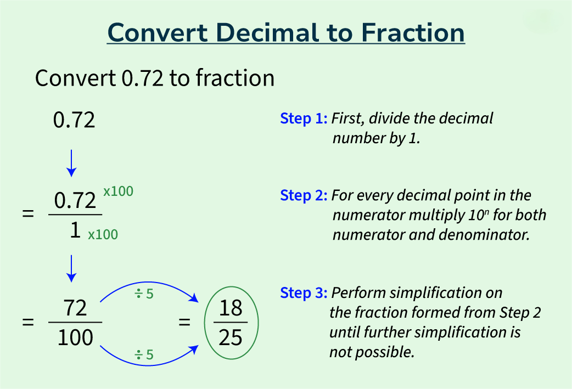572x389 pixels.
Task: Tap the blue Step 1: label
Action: [x=304, y=119]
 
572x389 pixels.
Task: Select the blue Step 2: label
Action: [x=304, y=195]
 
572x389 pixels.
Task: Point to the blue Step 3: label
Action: [x=304, y=293]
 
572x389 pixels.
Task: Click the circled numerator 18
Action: [x=231, y=308]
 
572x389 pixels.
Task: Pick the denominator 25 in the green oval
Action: [x=231, y=337]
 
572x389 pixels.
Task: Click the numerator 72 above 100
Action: [x=76, y=308]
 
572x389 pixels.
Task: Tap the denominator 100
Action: [x=76, y=337]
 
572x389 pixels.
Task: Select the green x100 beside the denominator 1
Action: [x=103, y=234]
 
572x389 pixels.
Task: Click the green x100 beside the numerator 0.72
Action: [x=118, y=191]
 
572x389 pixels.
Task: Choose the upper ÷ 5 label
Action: [x=144, y=294]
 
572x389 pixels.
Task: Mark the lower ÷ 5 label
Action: [x=144, y=354]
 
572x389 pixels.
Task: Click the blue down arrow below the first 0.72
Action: [x=71, y=164]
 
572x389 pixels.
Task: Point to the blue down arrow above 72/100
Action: [x=71, y=269]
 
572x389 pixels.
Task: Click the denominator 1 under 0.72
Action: [x=75, y=230]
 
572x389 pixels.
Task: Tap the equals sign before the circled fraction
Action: [x=184, y=322]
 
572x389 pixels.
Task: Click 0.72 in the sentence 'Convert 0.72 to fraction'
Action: [x=142, y=78]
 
